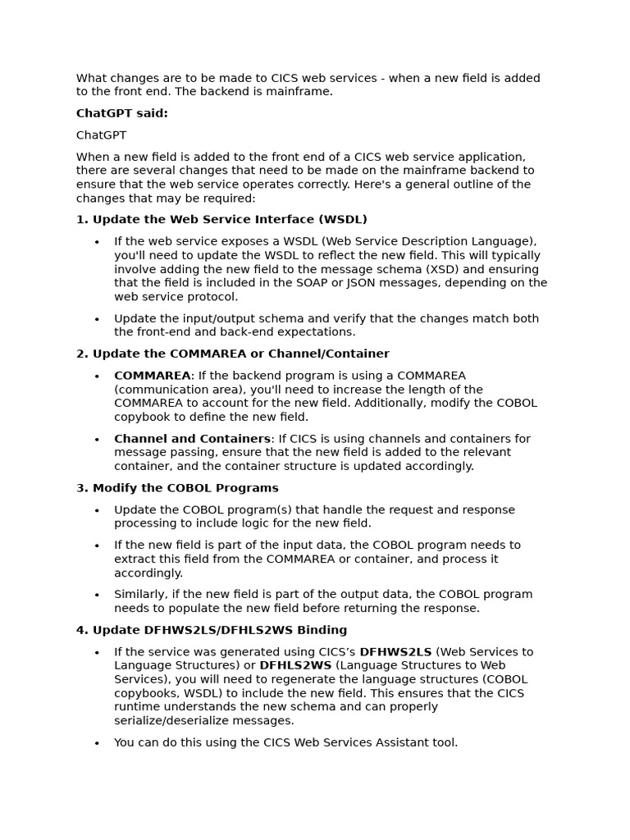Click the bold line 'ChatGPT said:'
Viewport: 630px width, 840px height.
[122, 113]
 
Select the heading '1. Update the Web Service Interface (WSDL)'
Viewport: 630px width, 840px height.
[221, 220]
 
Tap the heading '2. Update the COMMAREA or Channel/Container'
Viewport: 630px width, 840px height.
[233, 354]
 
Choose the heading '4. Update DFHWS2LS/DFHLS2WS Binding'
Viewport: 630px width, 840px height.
[212, 630]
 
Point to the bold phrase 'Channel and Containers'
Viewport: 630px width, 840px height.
[192, 439]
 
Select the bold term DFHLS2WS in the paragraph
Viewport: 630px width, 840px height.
[295, 665]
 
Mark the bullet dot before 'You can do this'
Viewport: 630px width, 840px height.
[97, 743]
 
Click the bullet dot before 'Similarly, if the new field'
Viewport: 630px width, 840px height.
[97, 595]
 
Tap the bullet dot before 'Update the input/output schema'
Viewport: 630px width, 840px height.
[97, 319]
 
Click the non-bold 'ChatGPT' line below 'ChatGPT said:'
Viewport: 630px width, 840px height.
[102, 135]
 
